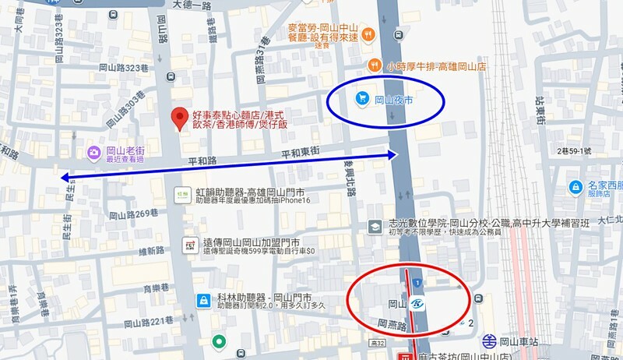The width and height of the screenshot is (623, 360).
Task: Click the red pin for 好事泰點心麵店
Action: (x=180, y=118)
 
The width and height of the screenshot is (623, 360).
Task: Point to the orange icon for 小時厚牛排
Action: (x=376, y=65)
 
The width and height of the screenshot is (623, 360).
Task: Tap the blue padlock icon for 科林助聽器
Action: (x=202, y=299)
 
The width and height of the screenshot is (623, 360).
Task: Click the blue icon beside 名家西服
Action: (x=575, y=187)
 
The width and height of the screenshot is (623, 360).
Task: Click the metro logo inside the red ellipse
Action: (x=417, y=303)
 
